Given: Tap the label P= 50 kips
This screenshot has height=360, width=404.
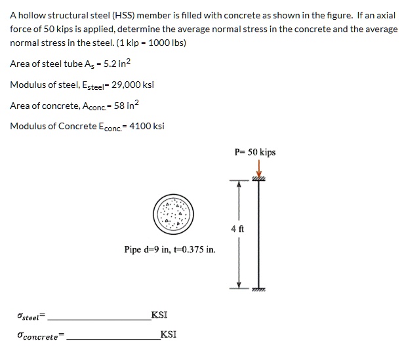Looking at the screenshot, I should tap(255, 152).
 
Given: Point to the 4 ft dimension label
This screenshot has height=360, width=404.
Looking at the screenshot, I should tap(238, 230).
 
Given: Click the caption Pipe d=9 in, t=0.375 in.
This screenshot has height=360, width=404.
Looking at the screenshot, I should tap(170, 249).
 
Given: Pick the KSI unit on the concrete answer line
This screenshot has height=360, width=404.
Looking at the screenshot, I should tap(168, 334).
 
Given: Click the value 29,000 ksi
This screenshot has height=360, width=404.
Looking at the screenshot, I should tap(133, 85).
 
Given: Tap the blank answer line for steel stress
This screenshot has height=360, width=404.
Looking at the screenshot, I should tap(98, 319).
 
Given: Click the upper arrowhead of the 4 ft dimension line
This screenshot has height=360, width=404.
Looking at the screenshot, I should tap(239, 185).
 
